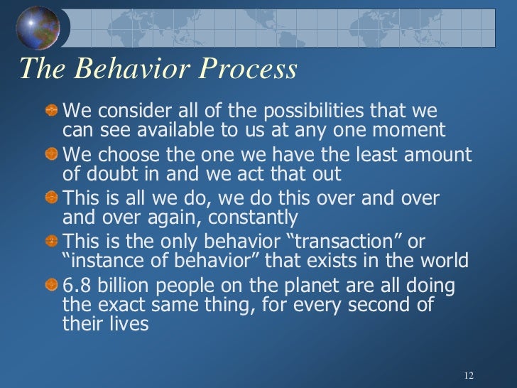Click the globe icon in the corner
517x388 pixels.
(x=36, y=29)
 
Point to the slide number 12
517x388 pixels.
(x=467, y=375)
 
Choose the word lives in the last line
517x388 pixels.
(x=125, y=324)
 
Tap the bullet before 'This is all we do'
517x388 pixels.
(x=52, y=198)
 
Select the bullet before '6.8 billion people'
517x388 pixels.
(x=52, y=284)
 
